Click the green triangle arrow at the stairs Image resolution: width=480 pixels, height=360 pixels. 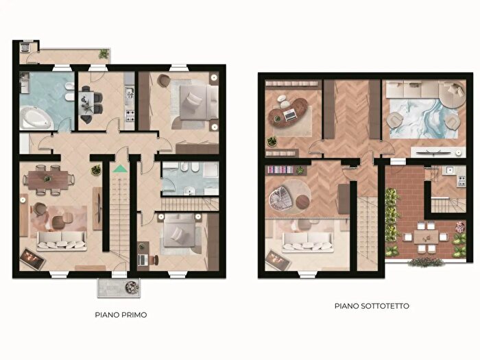[x=120, y=169]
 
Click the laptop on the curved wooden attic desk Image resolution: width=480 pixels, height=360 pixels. [x=289, y=115]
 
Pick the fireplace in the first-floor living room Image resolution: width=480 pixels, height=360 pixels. [x=32, y=259]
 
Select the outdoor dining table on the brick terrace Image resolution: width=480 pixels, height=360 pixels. [x=426, y=237]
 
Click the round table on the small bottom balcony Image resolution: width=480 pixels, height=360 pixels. [x=132, y=287]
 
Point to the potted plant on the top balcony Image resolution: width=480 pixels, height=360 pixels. [x=104, y=54]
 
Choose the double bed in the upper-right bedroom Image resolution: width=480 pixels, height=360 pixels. [x=197, y=102]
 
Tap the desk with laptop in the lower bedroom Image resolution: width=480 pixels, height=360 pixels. [x=143, y=256]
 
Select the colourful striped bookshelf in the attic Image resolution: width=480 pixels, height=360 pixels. [x=280, y=169]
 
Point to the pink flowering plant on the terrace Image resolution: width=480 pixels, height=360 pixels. [x=459, y=227]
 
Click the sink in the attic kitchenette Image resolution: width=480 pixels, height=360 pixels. [x=449, y=170]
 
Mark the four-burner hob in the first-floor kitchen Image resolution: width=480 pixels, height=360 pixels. [x=130, y=115]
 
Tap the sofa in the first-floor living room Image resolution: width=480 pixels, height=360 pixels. [x=62, y=241]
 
